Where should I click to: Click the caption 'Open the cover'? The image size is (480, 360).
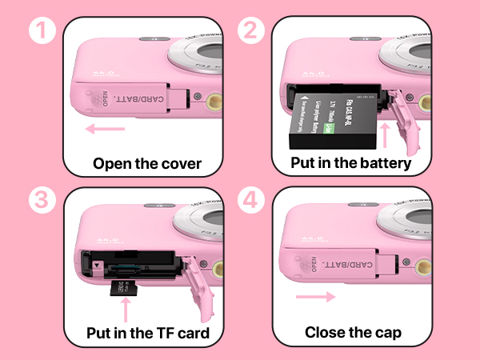tap(146, 164)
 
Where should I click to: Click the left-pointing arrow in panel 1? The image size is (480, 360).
tap(106, 128)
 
